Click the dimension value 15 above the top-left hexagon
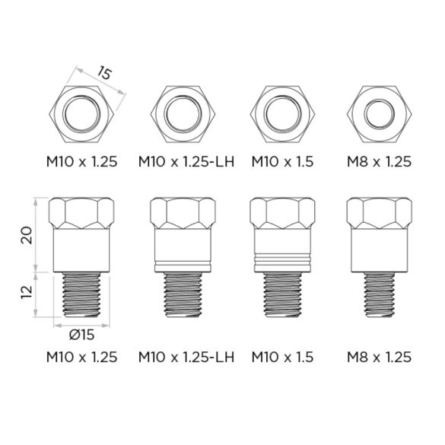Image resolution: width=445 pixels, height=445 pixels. [x=104, y=75]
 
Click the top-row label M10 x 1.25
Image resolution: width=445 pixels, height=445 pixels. [x=81, y=161]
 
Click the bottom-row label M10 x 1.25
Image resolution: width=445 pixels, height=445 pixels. [x=81, y=357]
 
